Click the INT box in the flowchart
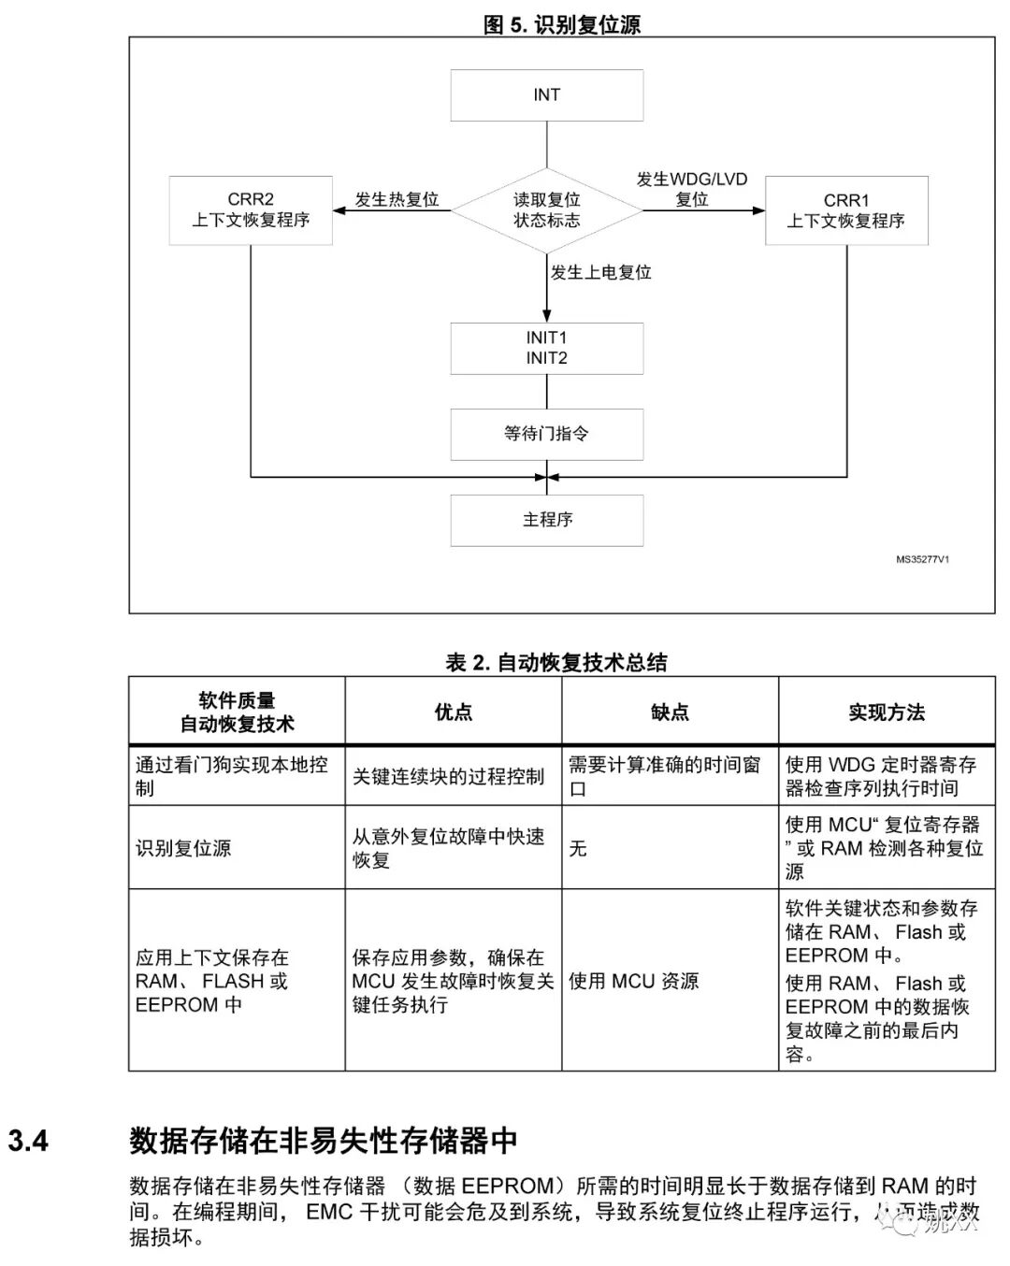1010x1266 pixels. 546,95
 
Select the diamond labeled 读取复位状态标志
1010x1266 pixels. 546,210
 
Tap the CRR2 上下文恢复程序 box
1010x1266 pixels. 251,210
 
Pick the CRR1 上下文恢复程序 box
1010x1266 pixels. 846,211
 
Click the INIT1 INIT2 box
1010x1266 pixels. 546,348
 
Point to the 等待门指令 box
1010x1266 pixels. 546,434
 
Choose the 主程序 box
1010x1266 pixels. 546,520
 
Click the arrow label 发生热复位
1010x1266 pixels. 397,199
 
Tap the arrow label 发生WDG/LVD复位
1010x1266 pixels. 692,189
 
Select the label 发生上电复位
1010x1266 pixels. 600,273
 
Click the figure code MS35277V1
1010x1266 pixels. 922,560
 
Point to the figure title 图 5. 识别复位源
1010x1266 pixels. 561,25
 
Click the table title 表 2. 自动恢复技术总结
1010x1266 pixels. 556,663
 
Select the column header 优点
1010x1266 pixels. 454,712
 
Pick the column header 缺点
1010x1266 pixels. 670,712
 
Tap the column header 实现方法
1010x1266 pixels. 887,712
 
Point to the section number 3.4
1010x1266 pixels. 28,1141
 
